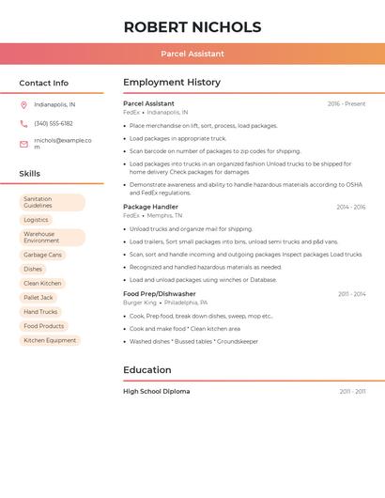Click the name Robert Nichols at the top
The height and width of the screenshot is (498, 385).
click(x=192, y=27)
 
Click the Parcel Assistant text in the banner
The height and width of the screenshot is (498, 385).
click(x=192, y=54)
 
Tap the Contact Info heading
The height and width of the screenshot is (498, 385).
click(x=44, y=83)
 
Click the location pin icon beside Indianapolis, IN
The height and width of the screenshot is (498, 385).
click(x=23, y=105)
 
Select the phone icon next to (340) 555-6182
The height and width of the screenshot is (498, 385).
click(x=23, y=124)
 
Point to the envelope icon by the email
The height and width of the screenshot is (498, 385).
click(x=23, y=144)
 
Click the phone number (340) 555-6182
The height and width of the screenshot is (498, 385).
click(x=54, y=124)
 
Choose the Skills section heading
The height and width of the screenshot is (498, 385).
click(x=30, y=174)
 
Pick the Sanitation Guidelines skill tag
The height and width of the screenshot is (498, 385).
click(x=52, y=202)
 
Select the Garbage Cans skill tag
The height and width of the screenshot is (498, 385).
click(x=42, y=255)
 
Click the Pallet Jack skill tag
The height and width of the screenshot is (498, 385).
click(x=38, y=298)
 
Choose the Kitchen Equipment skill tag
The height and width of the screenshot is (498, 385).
click(x=50, y=340)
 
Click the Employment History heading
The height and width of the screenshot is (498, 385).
click(x=172, y=83)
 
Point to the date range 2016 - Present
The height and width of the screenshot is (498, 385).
click(x=346, y=103)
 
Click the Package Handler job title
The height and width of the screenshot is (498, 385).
click(x=150, y=207)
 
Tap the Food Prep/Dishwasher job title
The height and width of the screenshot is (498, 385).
click(x=160, y=294)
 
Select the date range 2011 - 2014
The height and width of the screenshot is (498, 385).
click(x=351, y=294)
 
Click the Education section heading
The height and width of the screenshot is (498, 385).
click(x=147, y=370)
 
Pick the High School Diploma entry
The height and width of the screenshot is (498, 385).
click(x=156, y=391)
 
